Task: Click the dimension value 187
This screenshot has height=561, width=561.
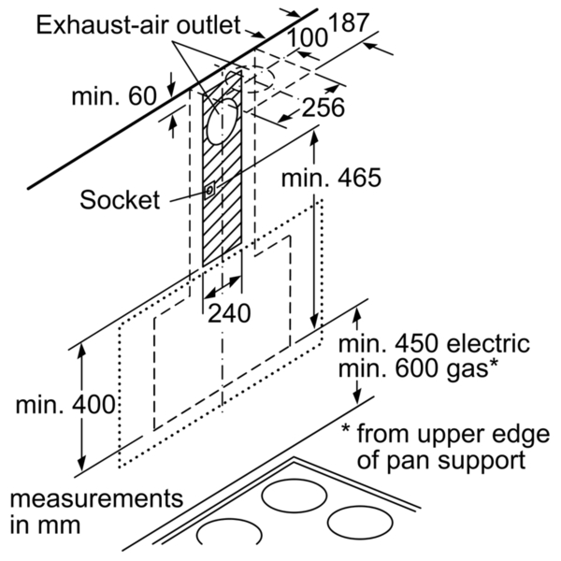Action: tap(348, 22)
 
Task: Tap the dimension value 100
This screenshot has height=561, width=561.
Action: tap(307, 38)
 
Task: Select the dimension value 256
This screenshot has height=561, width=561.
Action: tap(324, 107)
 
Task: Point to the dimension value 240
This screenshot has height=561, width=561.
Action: tap(229, 313)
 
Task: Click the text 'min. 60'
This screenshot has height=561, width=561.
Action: tap(114, 96)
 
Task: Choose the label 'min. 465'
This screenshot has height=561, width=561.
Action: tap(331, 178)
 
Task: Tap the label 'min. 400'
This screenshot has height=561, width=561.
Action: tap(65, 404)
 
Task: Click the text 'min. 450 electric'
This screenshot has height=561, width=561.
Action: tap(434, 343)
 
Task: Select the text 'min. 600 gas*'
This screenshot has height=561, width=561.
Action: tap(418, 368)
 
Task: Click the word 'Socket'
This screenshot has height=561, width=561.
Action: tap(120, 200)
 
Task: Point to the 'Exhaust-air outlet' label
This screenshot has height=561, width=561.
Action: tap(138, 25)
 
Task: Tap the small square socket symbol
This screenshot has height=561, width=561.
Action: tap(209, 190)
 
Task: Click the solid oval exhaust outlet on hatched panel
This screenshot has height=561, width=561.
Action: tap(223, 121)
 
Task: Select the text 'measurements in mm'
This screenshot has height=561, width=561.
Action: tap(96, 512)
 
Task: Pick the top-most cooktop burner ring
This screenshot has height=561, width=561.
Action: tap(294, 496)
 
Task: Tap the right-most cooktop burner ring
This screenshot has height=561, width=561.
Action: tap(360, 523)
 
